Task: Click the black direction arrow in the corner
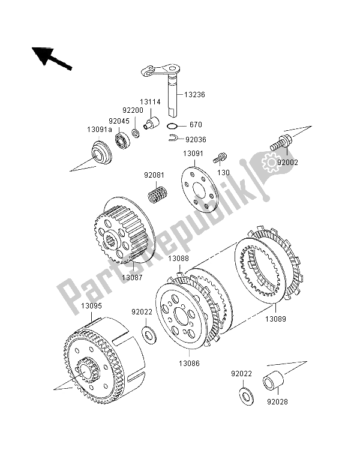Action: point(52,58)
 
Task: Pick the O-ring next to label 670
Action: point(172,126)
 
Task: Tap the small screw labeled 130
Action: point(221,157)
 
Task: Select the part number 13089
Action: point(275,320)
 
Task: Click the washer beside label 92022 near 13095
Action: point(148,332)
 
